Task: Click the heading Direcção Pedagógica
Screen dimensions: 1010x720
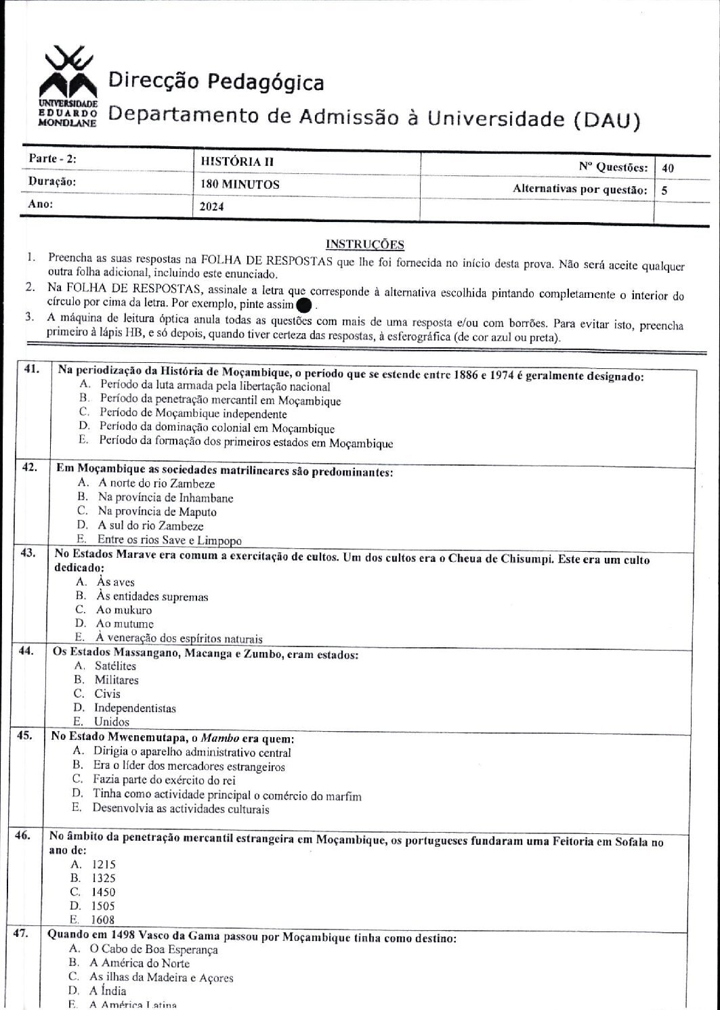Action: click(x=216, y=83)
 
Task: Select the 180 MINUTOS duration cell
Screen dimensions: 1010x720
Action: click(x=240, y=184)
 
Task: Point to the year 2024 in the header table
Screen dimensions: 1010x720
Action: click(x=213, y=207)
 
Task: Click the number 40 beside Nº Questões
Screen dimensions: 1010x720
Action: click(x=668, y=168)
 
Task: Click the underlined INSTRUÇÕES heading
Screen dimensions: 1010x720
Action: click(x=364, y=244)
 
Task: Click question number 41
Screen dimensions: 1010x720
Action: click(x=31, y=370)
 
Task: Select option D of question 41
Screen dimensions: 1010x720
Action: click(x=216, y=429)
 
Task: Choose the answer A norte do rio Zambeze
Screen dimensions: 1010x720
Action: click(x=156, y=483)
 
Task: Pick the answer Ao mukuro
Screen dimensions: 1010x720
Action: click(x=124, y=610)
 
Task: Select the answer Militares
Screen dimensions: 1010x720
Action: click(x=116, y=680)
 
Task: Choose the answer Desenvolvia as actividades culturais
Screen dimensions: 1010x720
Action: click(x=181, y=809)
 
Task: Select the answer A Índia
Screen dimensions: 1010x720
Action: click(x=108, y=991)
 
